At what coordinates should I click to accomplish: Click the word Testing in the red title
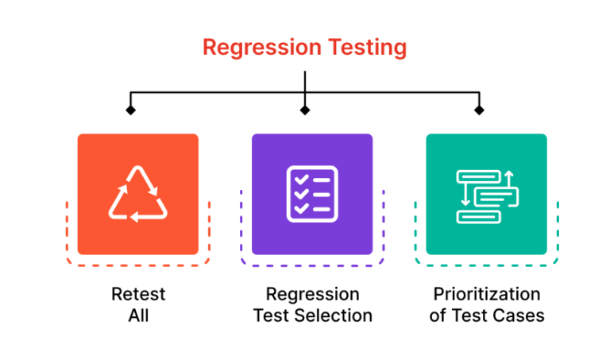tap(369, 48)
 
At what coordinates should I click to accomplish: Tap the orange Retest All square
tap(137, 194)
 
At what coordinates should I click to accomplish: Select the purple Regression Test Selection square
tap(312, 194)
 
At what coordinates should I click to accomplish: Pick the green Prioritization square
tap(486, 194)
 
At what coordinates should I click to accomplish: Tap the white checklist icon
tap(312, 193)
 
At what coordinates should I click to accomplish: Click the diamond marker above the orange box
tap(131, 110)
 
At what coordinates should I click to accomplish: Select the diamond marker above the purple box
tap(305, 110)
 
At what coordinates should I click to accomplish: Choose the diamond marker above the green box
tap(479, 110)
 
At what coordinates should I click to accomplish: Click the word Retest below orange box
tap(138, 295)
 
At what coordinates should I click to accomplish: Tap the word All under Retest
tap(138, 315)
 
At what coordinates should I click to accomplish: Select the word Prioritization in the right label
tap(486, 295)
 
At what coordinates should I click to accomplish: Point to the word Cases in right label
tap(519, 315)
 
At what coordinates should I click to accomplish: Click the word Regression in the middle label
tap(312, 295)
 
